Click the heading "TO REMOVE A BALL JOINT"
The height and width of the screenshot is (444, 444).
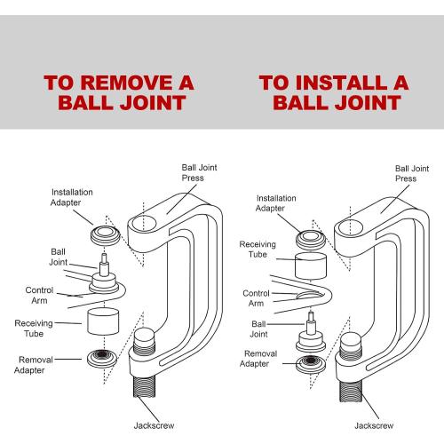tap(119, 92)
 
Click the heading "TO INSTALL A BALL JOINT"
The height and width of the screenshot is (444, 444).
tap(334, 92)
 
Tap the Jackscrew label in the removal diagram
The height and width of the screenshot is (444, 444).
tap(154, 425)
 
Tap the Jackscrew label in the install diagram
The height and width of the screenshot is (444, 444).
tap(374, 425)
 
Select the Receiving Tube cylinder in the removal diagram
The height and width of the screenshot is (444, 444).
tap(103, 321)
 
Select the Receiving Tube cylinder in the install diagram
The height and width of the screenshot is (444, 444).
tap(311, 266)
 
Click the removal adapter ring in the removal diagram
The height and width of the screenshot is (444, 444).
tap(102, 358)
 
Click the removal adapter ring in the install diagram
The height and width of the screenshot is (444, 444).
tap(311, 364)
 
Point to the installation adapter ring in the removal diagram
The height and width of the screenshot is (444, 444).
tap(106, 235)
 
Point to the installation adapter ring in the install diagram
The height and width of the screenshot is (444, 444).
tap(311, 239)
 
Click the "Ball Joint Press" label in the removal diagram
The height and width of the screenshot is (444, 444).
tap(199, 172)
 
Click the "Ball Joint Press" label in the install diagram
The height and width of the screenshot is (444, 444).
tap(412, 173)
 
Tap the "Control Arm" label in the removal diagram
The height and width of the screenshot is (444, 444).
tap(39, 295)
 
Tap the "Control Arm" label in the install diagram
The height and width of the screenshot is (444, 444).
tap(256, 298)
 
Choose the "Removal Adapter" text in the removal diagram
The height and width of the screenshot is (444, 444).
tap(33, 365)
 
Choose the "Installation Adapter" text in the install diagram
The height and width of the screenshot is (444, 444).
tap(276, 203)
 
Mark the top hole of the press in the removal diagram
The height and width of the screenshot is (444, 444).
tap(144, 224)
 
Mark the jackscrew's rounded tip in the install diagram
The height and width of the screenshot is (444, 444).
tap(352, 339)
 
